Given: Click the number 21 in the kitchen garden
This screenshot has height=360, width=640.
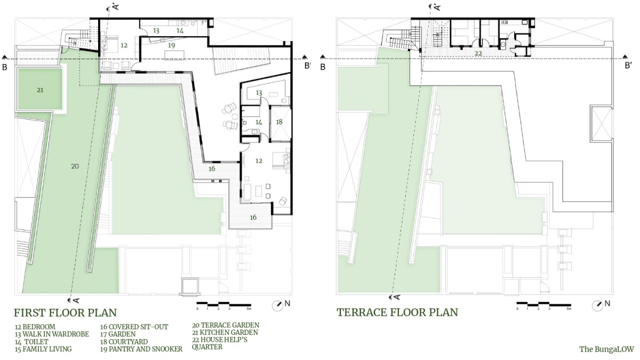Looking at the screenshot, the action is (x=40, y=90).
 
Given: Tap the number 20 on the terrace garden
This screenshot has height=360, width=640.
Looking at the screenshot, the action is (x=75, y=166).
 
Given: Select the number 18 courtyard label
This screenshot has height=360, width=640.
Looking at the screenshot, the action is (x=279, y=122).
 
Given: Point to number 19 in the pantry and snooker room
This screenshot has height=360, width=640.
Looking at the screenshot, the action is (x=171, y=45).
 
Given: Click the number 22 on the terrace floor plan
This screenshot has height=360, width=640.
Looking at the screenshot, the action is (x=478, y=53).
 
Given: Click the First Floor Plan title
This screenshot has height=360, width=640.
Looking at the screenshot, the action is (x=66, y=313).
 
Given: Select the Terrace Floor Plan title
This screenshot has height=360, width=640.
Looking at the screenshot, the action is (x=397, y=313).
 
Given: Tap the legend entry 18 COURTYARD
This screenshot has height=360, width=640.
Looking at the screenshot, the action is (x=124, y=342).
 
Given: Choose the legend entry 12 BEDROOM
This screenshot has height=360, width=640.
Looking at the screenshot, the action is (x=35, y=327).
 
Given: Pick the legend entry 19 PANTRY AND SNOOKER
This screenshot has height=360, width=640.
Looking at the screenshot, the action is (x=141, y=349).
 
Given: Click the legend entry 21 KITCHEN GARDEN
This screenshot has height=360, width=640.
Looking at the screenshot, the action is (x=225, y=333).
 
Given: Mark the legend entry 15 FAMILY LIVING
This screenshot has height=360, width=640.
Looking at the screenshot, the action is (x=43, y=349).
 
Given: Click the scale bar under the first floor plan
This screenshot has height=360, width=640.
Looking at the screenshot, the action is (x=224, y=304).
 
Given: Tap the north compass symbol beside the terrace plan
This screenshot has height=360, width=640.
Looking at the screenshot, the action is (x=597, y=306).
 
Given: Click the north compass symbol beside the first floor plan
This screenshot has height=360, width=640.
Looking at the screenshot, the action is (x=277, y=306).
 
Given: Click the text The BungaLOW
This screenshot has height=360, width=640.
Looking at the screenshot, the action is (x=606, y=349).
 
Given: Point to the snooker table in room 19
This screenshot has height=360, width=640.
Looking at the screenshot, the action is (x=174, y=55).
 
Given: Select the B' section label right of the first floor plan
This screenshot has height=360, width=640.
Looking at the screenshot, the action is (x=307, y=66).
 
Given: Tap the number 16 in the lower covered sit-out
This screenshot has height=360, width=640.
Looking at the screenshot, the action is (x=253, y=218).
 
